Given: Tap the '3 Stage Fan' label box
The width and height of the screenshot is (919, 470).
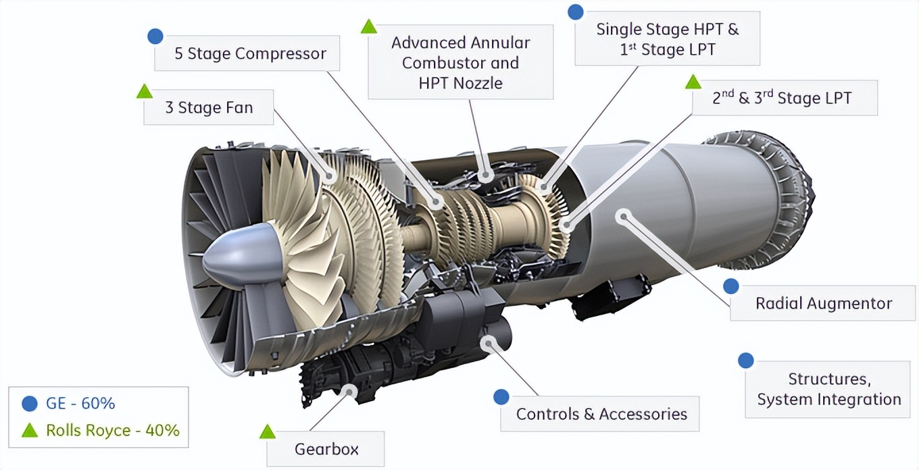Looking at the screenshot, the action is coord(208,107).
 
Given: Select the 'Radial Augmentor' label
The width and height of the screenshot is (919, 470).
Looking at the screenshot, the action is coord(823,303).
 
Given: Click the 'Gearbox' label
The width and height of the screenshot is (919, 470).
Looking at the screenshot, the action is coord(326,449).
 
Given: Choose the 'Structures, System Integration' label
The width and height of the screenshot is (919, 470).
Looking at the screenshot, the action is coord(828,389).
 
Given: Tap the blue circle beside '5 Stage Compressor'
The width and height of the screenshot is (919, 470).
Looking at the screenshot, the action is coord(155,36).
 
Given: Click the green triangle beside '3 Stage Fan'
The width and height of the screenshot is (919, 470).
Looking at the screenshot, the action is coord(145,91).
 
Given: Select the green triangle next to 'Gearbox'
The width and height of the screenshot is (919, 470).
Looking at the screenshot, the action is coord(268,432).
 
